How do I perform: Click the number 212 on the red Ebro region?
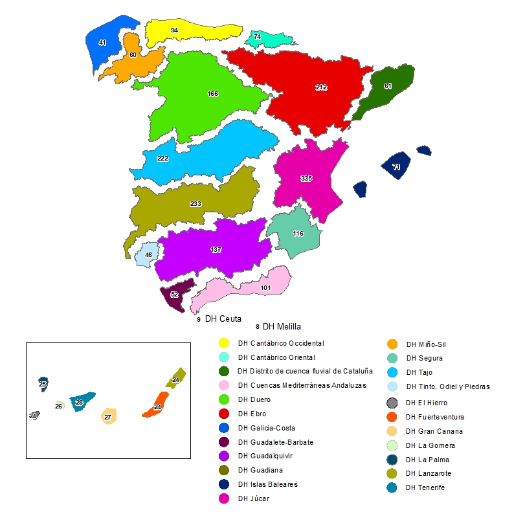point(321,87)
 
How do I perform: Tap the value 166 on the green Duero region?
point(212,94)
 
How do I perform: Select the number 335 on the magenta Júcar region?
point(307,178)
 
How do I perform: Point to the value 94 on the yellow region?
point(175,30)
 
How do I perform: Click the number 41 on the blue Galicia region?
point(102,43)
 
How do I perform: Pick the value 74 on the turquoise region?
point(258,37)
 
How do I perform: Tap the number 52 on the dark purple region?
point(174,295)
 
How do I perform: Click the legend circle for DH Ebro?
point(223,413)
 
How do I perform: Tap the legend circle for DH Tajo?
point(392,372)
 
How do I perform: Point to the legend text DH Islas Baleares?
point(268,484)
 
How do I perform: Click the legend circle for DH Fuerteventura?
point(392,417)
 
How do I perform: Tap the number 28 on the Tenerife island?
point(79,403)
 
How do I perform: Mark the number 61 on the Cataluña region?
point(388,86)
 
